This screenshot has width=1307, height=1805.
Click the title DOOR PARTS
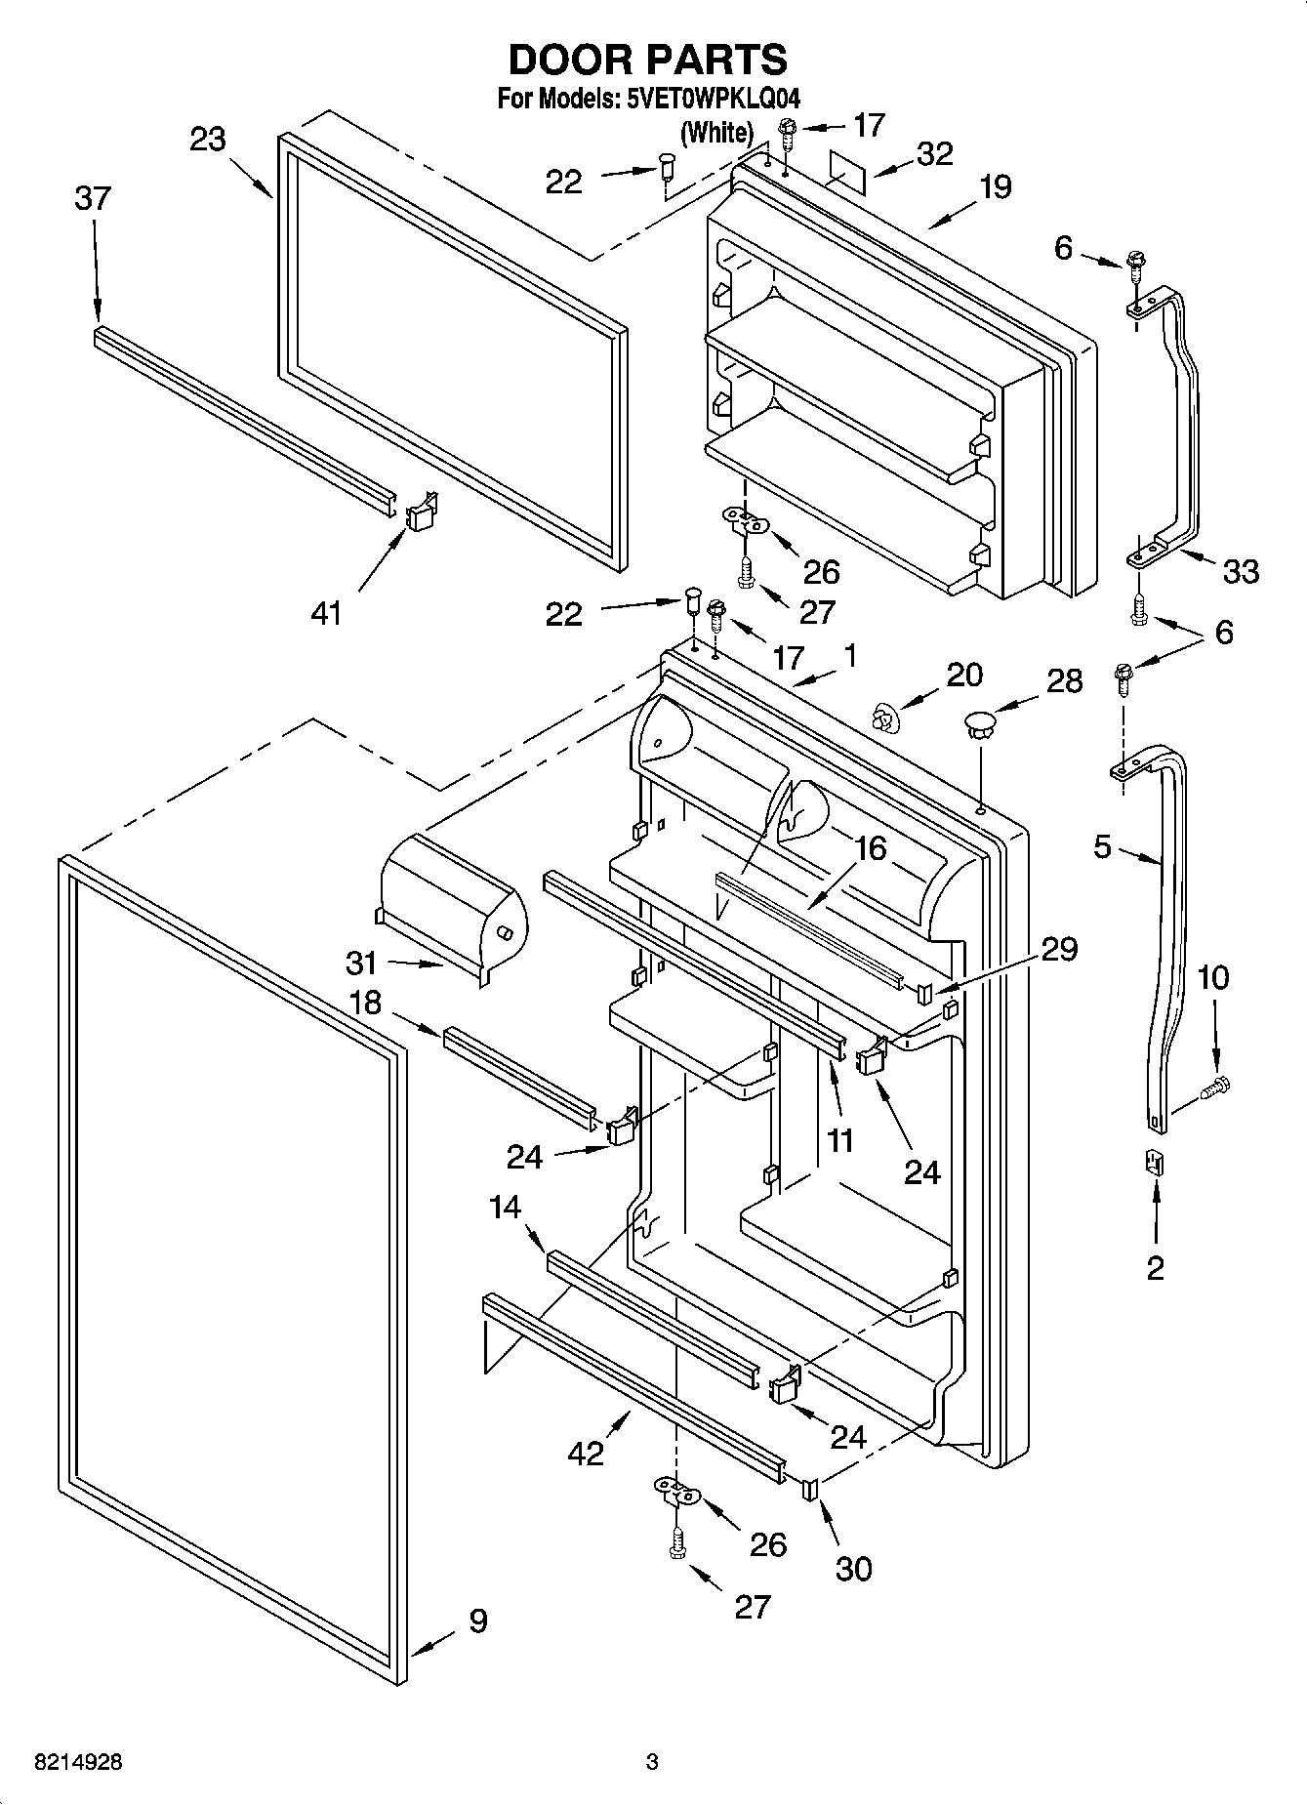point(648,60)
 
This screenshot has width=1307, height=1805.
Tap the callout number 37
point(93,199)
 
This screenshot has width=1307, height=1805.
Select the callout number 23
point(207,141)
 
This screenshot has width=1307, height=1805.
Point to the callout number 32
point(934,154)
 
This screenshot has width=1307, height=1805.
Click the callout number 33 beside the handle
point(1241,570)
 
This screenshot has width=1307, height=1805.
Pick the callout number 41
point(326,613)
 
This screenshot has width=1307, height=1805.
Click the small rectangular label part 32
point(846,167)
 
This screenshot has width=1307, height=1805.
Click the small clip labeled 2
point(1155,1163)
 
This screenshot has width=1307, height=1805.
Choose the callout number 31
point(361,964)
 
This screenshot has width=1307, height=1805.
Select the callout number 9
point(476,1620)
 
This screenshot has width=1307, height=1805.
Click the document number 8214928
point(78,1762)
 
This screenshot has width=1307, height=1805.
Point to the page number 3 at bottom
point(652,1762)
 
